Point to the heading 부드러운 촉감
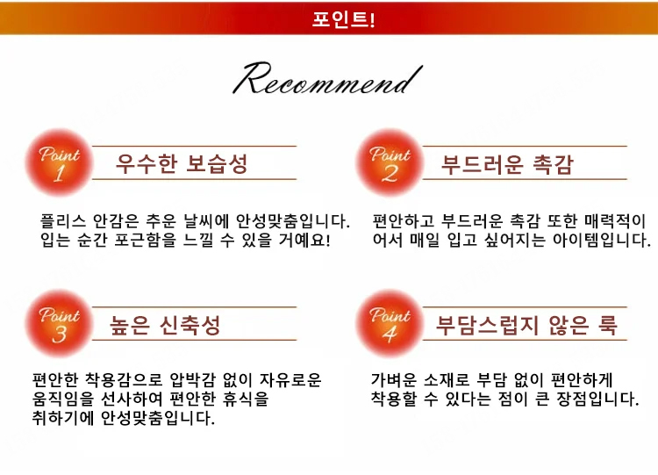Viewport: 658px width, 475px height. pyautogui.click(x=507, y=164)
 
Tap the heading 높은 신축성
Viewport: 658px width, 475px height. pyautogui.click(x=165, y=325)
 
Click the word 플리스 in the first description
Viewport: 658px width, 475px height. pyautogui.click(x=60, y=220)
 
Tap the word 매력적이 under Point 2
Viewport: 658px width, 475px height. pyautogui.click(x=614, y=220)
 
